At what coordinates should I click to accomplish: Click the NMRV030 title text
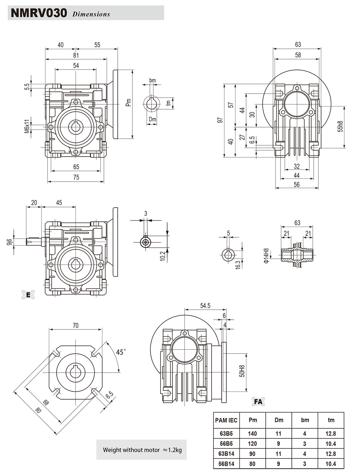[x=39, y=13]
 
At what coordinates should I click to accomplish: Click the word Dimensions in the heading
[x=91, y=14]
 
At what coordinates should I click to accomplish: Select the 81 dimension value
[x=76, y=55]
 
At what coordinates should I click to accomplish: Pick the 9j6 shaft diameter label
[x=9, y=242]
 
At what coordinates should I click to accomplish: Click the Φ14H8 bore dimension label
[x=266, y=256]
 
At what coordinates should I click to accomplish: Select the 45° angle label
[x=121, y=352]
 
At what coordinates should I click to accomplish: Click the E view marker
[x=28, y=295]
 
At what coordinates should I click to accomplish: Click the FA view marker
[x=258, y=401]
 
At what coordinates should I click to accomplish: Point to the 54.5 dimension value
[x=205, y=306]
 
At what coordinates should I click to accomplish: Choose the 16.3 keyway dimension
[x=238, y=265]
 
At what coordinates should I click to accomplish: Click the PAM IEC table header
[x=226, y=420]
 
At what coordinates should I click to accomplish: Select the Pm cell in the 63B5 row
[x=252, y=434]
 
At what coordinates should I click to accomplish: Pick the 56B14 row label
[x=226, y=464]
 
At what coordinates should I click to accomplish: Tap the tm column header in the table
[x=331, y=420]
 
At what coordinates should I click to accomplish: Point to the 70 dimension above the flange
[x=75, y=325]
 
